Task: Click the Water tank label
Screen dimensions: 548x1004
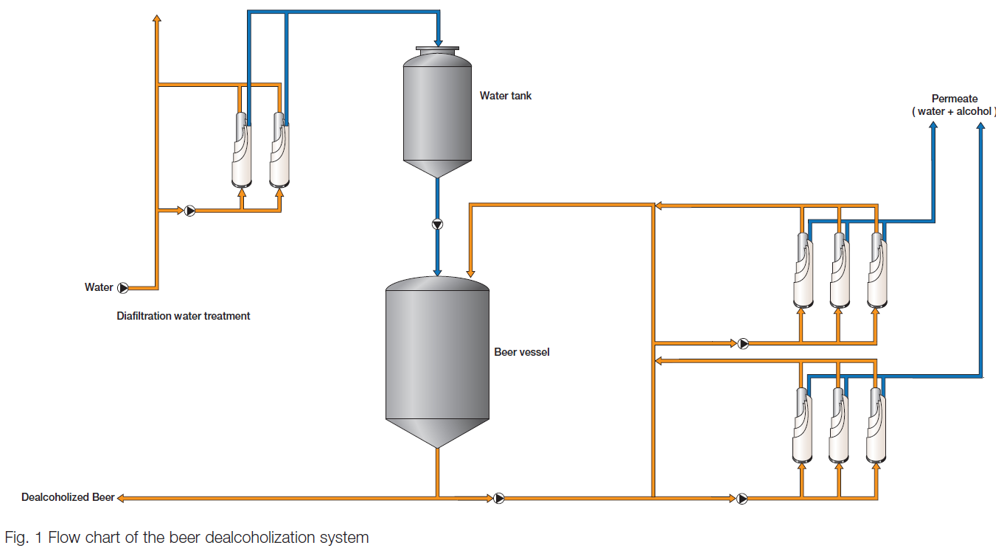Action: click(x=505, y=96)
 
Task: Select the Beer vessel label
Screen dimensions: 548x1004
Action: click(x=521, y=352)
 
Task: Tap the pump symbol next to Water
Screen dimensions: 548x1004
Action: click(x=123, y=288)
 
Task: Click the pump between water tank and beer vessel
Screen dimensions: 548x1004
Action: click(x=438, y=224)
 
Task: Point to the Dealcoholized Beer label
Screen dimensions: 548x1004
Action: click(x=68, y=497)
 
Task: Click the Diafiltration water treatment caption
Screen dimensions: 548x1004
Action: click(x=184, y=316)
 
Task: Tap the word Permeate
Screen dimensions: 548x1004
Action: click(x=954, y=99)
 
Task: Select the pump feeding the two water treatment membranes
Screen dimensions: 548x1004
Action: click(x=190, y=211)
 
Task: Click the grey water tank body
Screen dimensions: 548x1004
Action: click(x=437, y=110)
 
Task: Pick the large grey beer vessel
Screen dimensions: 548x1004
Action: click(x=437, y=354)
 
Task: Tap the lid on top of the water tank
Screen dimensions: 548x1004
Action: click(x=437, y=49)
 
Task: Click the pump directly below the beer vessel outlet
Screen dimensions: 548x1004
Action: click(x=499, y=498)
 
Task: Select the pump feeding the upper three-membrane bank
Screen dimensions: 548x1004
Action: click(x=742, y=342)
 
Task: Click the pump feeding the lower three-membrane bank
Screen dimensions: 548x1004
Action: click(x=742, y=498)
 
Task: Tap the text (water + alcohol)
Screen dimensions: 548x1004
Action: click(x=954, y=111)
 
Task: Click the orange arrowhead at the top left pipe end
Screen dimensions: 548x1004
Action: click(x=156, y=18)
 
